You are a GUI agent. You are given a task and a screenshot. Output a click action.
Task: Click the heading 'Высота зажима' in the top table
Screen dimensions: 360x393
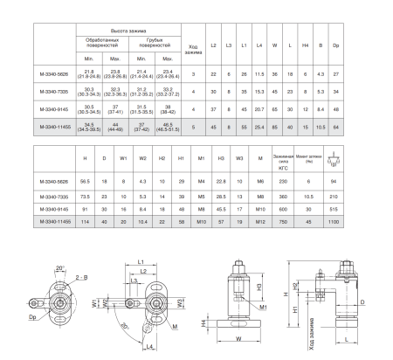point(128,31)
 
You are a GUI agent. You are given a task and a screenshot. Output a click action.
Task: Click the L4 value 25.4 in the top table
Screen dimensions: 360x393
point(260,127)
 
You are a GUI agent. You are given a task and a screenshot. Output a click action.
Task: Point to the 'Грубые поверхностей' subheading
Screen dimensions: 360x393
point(155,44)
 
